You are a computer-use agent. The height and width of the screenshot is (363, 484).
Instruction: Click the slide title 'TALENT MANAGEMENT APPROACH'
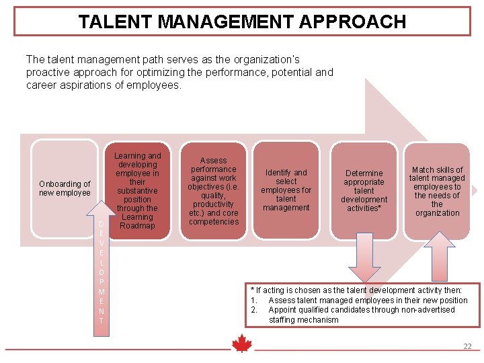point(242,22)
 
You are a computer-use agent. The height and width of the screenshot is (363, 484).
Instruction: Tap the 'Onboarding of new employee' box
point(65,188)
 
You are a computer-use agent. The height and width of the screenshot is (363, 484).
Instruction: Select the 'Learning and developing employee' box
point(137,191)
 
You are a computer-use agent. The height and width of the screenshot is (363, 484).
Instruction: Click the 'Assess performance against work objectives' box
point(214,191)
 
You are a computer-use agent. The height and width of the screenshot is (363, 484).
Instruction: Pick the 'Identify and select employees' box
point(286,190)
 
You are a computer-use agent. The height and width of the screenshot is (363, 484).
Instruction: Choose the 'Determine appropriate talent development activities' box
point(364,190)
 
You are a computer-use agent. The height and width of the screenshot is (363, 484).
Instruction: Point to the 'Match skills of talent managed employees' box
point(437,191)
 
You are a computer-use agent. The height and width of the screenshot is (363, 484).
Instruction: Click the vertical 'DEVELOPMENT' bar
point(101,272)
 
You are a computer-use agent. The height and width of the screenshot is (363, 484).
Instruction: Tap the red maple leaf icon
point(241,344)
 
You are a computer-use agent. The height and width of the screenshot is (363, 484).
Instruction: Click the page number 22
point(467,346)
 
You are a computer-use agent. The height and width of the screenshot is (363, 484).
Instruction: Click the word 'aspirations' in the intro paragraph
point(89,85)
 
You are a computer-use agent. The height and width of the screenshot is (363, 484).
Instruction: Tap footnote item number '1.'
point(254,300)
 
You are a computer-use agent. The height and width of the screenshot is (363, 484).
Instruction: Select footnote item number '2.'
point(254,310)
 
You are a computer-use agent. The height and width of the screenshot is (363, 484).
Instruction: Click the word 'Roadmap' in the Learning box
point(137,226)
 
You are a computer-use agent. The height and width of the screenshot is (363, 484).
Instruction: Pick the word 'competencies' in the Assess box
point(214,222)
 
